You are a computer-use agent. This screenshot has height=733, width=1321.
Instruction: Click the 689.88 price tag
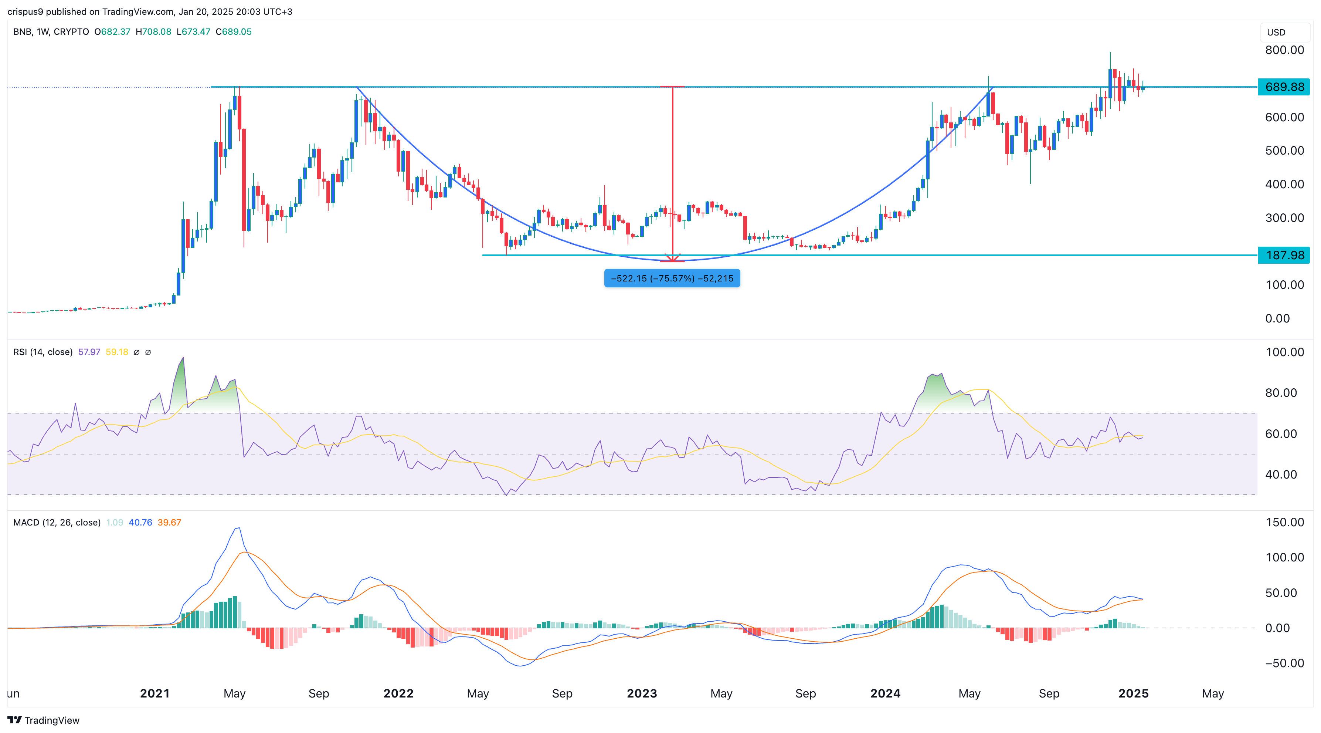tap(1284, 87)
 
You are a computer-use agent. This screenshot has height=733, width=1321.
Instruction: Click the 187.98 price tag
tap(1284, 255)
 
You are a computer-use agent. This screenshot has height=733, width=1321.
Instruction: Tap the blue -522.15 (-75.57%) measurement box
tap(672, 278)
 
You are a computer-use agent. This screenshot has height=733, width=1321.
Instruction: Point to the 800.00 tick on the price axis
tap(1284, 50)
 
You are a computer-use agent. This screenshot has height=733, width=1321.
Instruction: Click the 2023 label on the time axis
tap(642, 693)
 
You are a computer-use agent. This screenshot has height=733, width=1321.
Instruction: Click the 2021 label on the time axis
tap(154, 693)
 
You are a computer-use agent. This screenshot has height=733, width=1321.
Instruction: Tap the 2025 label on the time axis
tap(1133, 693)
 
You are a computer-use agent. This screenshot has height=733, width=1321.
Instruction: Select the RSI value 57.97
tap(89, 352)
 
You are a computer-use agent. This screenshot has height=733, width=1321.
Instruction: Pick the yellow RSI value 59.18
tap(117, 352)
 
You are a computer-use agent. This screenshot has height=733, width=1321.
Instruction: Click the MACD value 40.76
tap(140, 522)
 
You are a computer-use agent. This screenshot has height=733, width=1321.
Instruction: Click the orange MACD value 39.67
tap(169, 522)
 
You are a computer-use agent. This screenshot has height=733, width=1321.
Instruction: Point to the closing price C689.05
tap(234, 32)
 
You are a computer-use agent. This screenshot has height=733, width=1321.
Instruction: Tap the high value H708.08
tap(153, 32)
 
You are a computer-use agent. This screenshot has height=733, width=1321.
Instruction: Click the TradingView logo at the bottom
tap(44, 720)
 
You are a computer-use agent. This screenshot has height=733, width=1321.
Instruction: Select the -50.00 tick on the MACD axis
tap(1284, 663)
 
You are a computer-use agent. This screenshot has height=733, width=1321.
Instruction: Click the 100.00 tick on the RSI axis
tap(1284, 352)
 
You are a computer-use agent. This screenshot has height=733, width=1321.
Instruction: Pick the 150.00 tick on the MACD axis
tap(1284, 522)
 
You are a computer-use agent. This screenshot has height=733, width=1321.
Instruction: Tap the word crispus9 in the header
tap(25, 11)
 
